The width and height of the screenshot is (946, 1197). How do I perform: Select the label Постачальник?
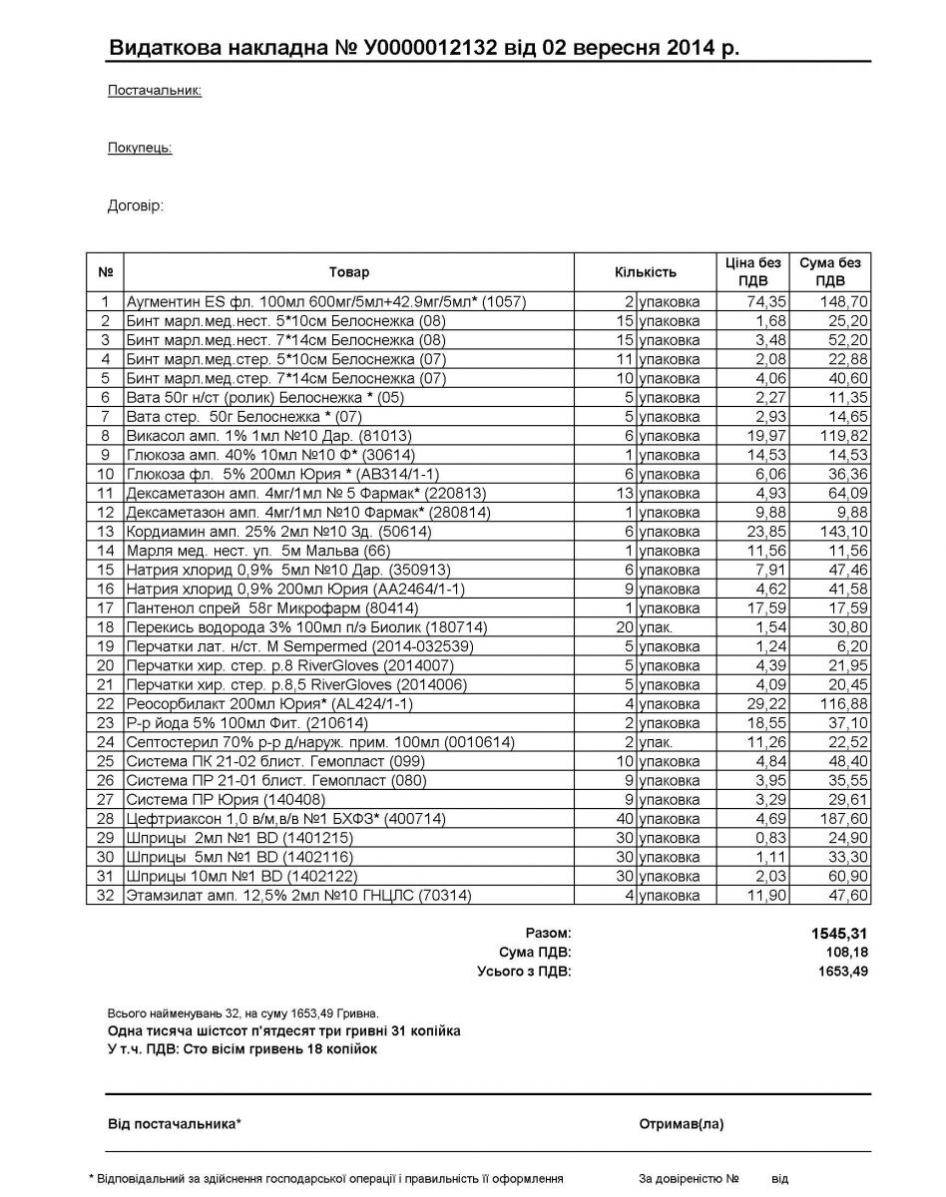[x=155, y=91]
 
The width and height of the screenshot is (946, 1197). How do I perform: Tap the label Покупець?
[x=140, y=148]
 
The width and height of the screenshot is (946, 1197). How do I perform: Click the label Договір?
[x=135, y=206]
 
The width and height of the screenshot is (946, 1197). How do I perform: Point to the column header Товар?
[x=348, y=271]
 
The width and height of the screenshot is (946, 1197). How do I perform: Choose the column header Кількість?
[x=646, y=271]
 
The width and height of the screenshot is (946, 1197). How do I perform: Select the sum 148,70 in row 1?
[x=841, y=301]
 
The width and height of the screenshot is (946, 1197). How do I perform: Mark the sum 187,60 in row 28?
[x=841, y=819]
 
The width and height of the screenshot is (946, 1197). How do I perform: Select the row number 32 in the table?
[x=105, y=896]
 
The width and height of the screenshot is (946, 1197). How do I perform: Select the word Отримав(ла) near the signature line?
[x=682, y=1124]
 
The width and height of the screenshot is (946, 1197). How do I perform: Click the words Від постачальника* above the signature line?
[x=175, y=1124]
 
